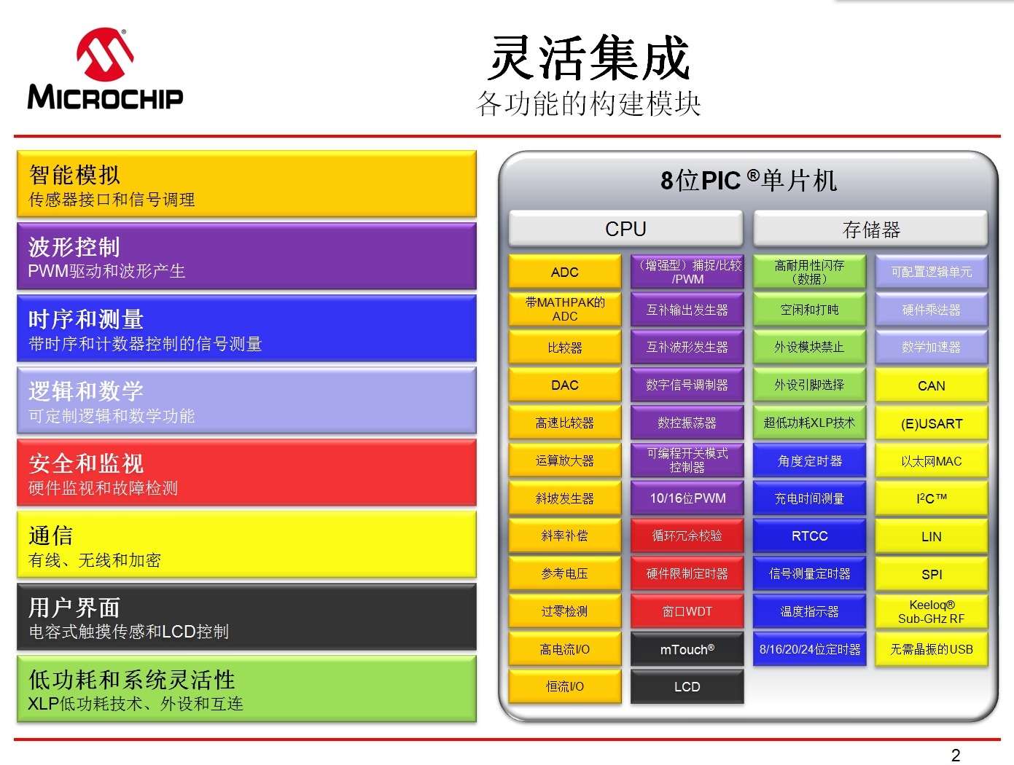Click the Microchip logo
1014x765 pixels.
pos(105,70)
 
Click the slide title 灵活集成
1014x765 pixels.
pos(589,58)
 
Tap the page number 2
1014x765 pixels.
pos(956,755)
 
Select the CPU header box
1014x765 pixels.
pos(625,229)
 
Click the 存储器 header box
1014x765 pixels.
pos(870,229)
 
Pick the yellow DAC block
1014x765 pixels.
pos(564,385)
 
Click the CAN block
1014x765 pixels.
pos(931,385)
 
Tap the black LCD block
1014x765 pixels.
pos(687,686)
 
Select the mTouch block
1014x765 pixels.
pos(687,649)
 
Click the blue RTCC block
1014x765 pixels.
pos(809,536)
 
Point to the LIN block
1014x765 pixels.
pos(931,536)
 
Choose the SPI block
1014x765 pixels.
pos(931,574)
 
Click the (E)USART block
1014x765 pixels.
pos(931,423)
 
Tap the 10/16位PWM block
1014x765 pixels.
pos(687,498)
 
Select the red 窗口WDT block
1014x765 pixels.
pos(687,611)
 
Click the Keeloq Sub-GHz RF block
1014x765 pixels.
pos(931,611)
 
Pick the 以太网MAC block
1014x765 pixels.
pos(931,461)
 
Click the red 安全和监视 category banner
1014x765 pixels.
pos(246,473)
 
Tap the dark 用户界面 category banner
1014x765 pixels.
pos(246,617)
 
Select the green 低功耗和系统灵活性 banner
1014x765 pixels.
pos(246,689)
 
